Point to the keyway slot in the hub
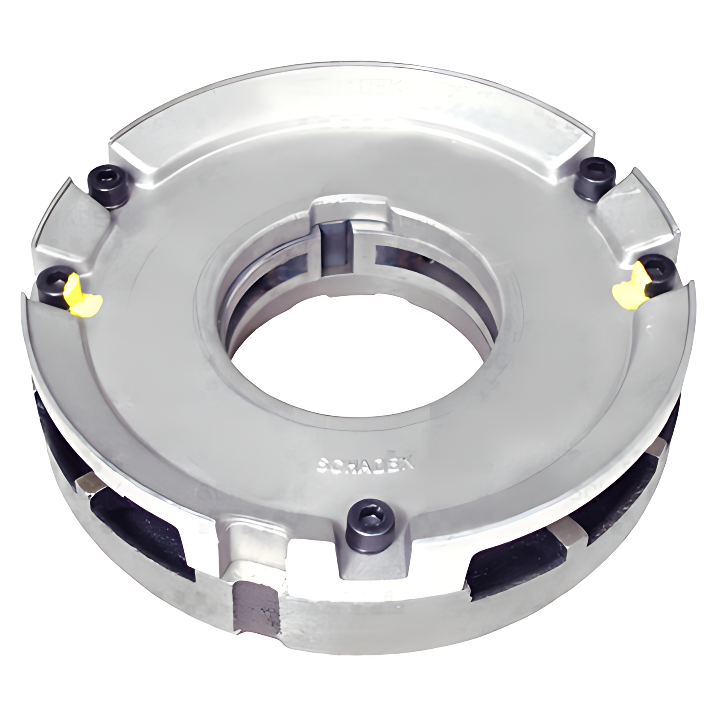pos(336,248)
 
